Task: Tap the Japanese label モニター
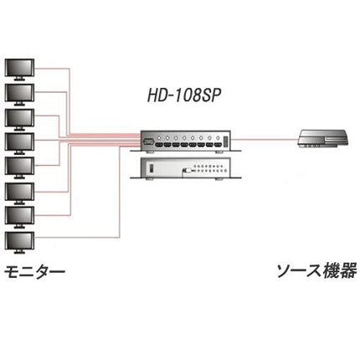click(x=34, y=271)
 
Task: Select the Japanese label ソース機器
click(x=316, y=270)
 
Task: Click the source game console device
click(x=322, y=138)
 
